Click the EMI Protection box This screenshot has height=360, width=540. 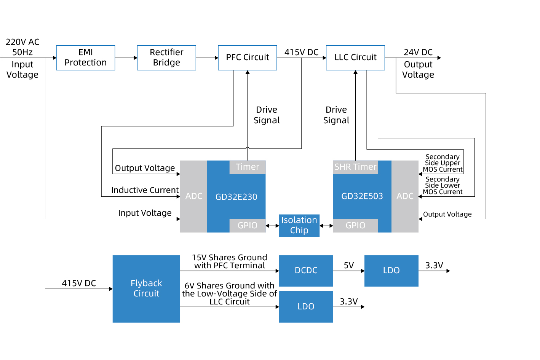click(86, 58)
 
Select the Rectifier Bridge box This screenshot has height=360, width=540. click(166, 58)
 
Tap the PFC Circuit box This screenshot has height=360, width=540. click(248, 58)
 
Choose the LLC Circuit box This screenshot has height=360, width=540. click(355, 58)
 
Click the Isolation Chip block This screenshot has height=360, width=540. click(299, 225)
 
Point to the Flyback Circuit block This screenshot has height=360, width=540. click(146, 288)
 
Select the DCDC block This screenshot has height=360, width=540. click(306, 271)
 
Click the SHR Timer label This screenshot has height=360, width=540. click(355, 167)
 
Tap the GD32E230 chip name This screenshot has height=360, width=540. click(236, 197)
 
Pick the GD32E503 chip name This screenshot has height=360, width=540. click(362, 196)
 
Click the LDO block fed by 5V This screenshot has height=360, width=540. click(391, 271)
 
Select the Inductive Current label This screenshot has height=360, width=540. click(145, 190)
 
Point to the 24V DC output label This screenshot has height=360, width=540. click(418, 53)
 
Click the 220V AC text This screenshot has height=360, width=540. click(22, 42)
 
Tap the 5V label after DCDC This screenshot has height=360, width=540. click(348, 266)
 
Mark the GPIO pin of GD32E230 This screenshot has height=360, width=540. click(248, 226)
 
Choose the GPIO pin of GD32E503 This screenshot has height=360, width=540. click(355, 226)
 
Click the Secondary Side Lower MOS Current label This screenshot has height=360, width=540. click(443, 186)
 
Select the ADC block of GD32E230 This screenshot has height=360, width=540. click(193, 196)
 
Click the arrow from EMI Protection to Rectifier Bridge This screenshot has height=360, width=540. click(126, 58)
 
